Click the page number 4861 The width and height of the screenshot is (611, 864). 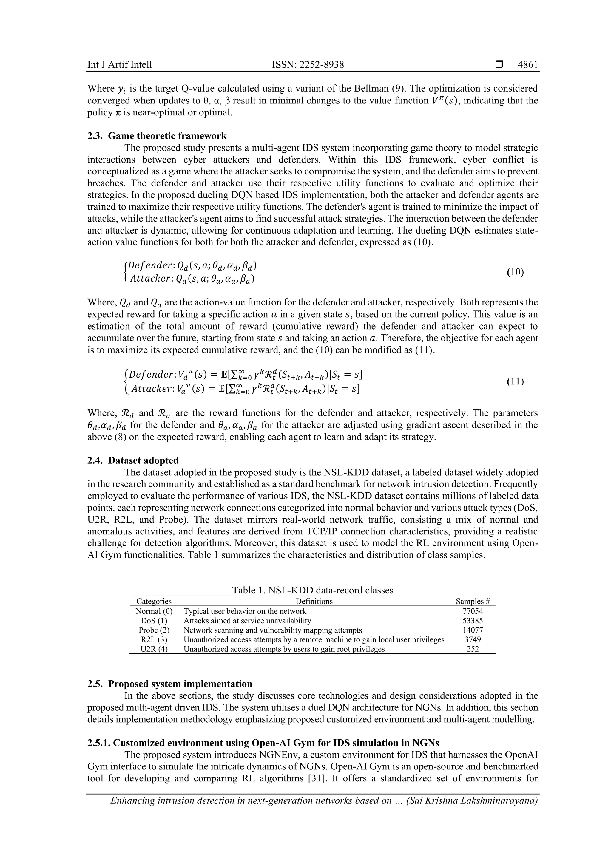(x=527, y=65)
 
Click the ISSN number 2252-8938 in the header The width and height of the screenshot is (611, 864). (x=308, y=65)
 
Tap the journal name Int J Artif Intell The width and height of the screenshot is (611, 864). (x=120, y=65)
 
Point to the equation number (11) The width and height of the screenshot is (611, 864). (x=515, y=381)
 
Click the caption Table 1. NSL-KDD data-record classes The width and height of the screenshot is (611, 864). (x=312, y=590)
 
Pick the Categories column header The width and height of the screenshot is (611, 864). (x=154, y=601)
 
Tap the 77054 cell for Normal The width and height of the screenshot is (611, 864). (x=473, y=611)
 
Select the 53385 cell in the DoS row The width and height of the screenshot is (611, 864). (x=473, y=621)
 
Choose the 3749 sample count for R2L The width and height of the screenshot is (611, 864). (x=473, y=639)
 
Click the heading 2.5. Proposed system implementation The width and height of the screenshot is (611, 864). (x=170, y=684)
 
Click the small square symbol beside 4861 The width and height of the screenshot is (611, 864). (x=499, y=65)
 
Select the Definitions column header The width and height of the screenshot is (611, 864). (x=314, y=601)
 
